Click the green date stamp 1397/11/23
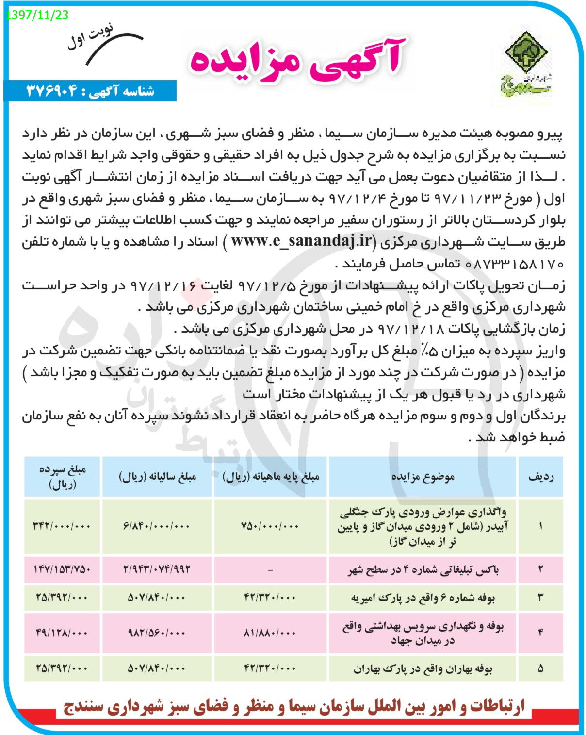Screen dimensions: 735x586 click(37, 15)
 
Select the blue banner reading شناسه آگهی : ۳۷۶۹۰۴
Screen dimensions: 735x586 click(90, 91)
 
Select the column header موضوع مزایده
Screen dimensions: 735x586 click(423, 477)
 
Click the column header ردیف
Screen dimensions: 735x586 click(541, 477)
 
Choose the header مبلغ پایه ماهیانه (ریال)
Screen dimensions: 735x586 click(271, 477)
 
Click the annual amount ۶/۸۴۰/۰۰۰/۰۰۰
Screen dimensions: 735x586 click(157, 526)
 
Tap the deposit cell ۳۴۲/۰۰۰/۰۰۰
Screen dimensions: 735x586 click(62, 526)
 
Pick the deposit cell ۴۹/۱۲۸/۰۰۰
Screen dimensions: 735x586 click(62, 633)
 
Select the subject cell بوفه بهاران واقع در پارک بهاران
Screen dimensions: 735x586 click(423, 668)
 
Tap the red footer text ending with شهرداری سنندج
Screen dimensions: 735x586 click(294, 706)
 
